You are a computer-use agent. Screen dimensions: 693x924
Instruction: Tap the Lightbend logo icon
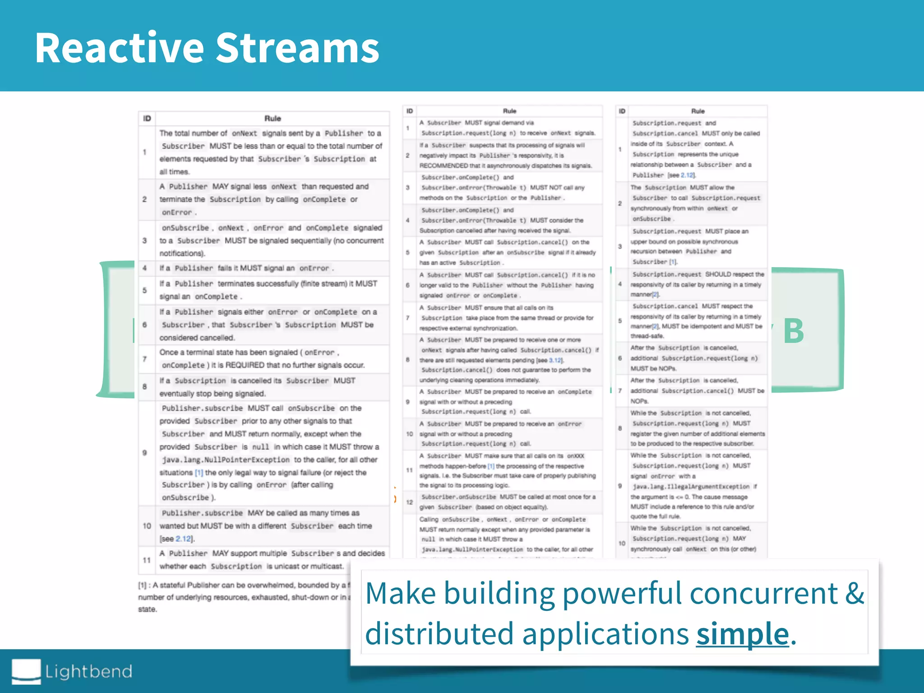26,671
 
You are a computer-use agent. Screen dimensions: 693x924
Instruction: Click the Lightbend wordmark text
89,671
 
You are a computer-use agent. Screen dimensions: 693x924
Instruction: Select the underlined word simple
742,633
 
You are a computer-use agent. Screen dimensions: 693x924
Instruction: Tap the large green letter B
794,331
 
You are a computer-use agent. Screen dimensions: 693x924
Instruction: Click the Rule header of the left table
273,118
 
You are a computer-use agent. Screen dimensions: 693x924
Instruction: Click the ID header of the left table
147,118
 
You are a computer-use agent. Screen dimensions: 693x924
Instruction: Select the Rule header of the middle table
509,111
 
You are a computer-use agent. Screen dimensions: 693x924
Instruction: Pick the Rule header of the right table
698,111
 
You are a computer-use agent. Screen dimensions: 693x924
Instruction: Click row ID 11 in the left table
146,560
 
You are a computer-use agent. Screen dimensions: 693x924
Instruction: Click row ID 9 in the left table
144,453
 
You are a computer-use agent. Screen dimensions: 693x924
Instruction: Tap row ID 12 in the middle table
409,502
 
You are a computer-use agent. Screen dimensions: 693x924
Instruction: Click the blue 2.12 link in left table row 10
183,539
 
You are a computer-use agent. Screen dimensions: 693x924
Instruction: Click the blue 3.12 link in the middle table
555,360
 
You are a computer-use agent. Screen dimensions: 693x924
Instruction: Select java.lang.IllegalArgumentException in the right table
691,486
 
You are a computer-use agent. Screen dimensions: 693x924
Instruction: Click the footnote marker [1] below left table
142,585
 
